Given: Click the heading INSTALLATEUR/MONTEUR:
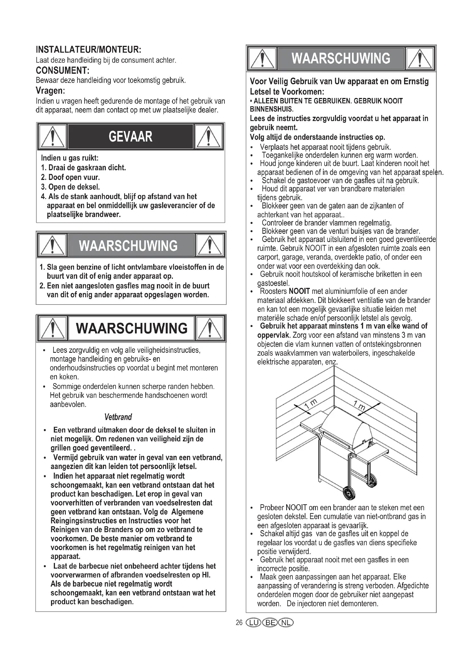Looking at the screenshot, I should (x=89, y=50).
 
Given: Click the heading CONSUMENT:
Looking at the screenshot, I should (x=62, y=71).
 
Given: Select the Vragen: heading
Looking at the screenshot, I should (x=50, y=91).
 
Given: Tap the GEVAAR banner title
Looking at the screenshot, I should (x=130, y=137).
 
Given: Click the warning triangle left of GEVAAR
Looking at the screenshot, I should (x=52, y=137).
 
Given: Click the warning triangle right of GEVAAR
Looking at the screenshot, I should (x=208, y=137).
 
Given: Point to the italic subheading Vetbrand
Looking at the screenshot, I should (x=118, y=417).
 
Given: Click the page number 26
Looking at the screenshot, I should (x=239, y=623).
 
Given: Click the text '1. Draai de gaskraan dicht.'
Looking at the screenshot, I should (x=83, y=168).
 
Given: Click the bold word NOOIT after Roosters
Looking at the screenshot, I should (x=299, y=291).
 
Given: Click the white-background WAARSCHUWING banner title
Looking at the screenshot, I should (x=131, y=328).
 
